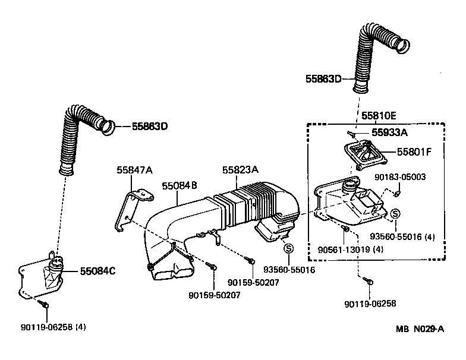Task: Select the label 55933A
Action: click(395, 133)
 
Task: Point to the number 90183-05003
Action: click(399, 177)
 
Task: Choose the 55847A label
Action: click(134, 170)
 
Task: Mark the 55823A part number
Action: click(241, 170)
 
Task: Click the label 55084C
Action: click(97, 271)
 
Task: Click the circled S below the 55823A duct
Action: click(288, 248)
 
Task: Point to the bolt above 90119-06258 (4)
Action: click(45, 304)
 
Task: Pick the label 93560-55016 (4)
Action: click(402, 237)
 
